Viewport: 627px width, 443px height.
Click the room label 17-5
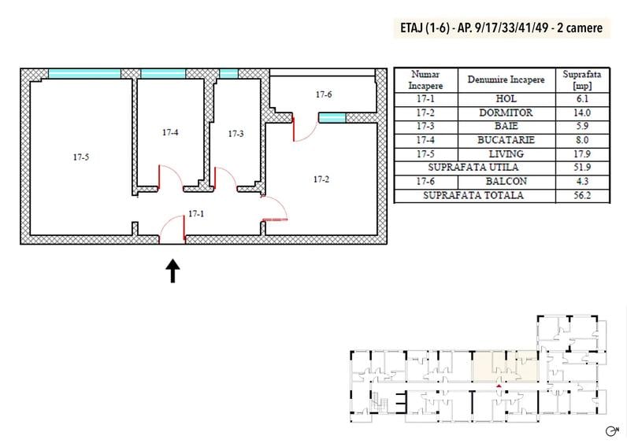pos(81,157)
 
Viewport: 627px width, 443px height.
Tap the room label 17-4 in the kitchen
pos(170,132)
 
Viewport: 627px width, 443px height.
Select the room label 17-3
pos(236,134)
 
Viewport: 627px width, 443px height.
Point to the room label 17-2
pos(321,179)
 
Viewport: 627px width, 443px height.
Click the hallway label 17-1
pos(196,214)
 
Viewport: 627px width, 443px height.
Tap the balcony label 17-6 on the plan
pos(324,94)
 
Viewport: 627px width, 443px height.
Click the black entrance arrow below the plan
pos(173,271)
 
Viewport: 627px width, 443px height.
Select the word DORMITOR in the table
pos(506,113)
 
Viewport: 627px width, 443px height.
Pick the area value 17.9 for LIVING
pos(582,153)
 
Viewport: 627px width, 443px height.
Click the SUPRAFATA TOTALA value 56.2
pos(582,195)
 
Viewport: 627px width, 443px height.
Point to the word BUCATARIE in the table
pos(506,140)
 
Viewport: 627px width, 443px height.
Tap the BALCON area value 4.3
pos(582,181)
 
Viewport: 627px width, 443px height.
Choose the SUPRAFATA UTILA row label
pos(473,168)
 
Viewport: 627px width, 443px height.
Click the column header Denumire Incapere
pos(506,79)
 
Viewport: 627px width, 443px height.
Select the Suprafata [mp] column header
pos(582,80)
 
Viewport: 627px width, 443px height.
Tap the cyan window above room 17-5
pos(84,73)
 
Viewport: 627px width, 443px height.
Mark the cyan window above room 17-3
pos(228,73)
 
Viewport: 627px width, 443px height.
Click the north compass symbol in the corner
pos(612,431)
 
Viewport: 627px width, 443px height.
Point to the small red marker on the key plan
pos(499,386)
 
